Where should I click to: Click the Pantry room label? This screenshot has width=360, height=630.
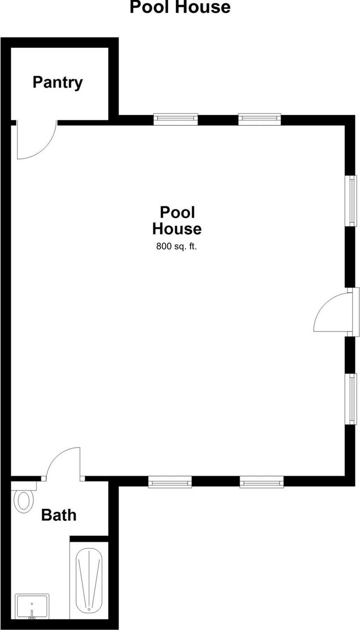(58, 82)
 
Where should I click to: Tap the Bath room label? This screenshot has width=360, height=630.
(59, 515)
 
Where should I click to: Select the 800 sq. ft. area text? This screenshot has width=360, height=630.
(176, 246)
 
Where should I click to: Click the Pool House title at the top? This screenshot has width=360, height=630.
(180, 7)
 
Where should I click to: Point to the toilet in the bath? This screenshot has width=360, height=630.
(24, 500)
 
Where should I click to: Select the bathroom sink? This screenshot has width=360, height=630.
(32, 606)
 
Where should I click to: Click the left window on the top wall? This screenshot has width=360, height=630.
(176, 119)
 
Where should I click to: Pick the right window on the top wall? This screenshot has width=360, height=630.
(260, 119)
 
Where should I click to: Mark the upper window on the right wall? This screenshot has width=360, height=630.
(352, 201)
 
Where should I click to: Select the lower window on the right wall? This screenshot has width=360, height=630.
(352, 399)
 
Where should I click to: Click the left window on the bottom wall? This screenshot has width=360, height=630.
(170, 482)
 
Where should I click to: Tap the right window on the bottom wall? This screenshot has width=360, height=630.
(261, 482)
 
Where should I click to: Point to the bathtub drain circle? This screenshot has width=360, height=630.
(89, 609)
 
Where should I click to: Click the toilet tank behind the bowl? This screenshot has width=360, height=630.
(24, 486)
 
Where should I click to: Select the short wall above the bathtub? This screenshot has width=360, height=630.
(89, 538)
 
